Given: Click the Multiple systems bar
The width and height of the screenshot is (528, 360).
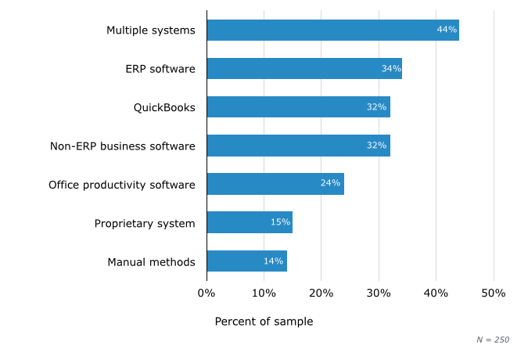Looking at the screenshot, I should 332,31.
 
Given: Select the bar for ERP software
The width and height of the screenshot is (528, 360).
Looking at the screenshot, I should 304,69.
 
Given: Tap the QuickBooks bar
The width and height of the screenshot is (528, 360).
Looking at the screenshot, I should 298,107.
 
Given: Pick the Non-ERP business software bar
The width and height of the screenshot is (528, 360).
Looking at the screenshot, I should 298,146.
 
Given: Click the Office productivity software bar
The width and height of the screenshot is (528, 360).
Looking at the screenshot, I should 275,184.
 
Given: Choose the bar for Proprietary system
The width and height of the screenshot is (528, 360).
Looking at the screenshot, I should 250,222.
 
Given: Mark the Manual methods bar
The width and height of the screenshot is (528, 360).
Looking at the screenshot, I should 246,261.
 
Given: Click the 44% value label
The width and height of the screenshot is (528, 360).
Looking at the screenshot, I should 447,31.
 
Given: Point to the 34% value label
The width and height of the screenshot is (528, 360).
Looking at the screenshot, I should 391,69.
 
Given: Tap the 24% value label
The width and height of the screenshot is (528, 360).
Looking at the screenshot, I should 330,184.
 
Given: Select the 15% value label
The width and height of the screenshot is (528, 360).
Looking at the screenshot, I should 280,222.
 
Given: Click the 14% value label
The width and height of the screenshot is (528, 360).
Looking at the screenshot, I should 273,261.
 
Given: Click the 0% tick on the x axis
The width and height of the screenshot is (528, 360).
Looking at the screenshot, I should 206,293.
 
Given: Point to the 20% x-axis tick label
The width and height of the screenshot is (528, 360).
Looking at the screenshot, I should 321,293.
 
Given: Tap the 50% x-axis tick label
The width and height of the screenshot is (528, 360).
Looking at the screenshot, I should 493,293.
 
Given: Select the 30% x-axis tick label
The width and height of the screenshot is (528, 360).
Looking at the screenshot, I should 379,293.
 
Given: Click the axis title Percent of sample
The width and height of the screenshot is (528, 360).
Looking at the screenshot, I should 264,322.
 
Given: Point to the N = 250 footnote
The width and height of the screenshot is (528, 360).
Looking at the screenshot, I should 493,340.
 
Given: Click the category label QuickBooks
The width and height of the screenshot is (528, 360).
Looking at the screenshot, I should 164,107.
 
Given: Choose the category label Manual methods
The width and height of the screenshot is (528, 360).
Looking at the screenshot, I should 151,261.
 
